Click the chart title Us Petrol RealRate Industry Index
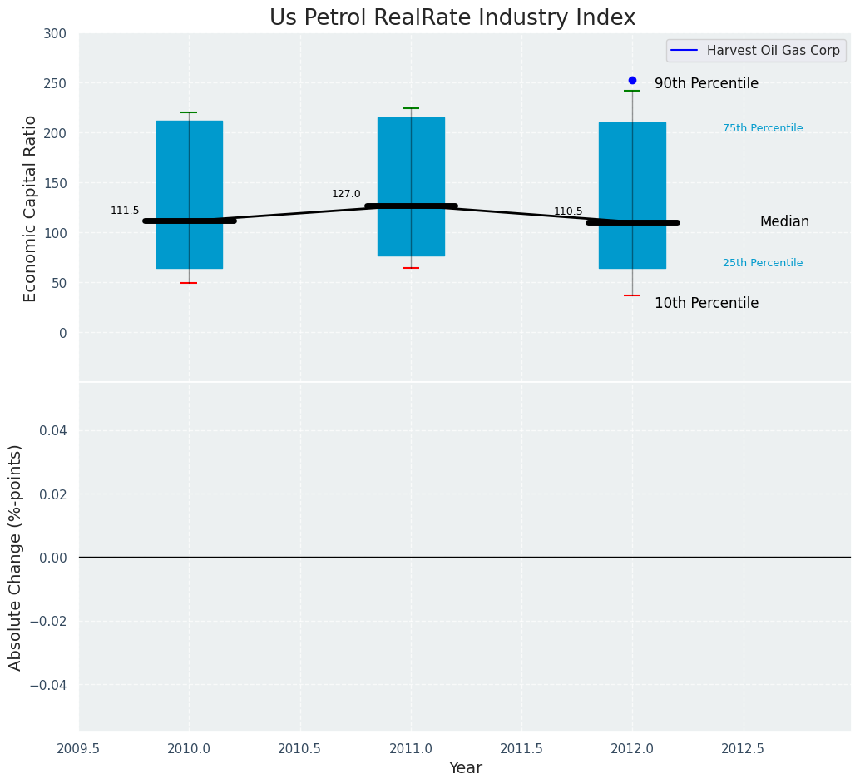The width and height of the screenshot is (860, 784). click(x=452, y=18)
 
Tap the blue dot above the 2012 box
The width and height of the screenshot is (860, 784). click(x=632, y=81)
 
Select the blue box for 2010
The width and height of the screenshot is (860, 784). click(x=189, y=158)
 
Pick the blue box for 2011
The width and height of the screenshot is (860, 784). click(x=411, y=158)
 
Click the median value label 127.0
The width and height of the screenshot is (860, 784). click(x=346, y=195)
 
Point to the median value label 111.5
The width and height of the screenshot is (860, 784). click(x=125, y=211)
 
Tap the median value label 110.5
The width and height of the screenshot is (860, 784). click(x=568, y=212)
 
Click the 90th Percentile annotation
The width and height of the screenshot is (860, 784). click(x=706, y=84)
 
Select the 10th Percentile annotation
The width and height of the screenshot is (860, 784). click(x=706, y=304)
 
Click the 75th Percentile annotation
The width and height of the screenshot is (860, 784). click(x=763, y=128)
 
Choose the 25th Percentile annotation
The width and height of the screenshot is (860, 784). click(x=763, y=263)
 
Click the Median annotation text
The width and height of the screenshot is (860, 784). click(x=784, y=222)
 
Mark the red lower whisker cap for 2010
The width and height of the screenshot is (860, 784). click(x=189, y=283)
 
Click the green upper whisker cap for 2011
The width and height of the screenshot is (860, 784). click(x=411, y=108)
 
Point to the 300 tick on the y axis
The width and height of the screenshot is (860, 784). click(x=56, y=33)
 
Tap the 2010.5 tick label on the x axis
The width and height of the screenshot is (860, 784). click(x=300, y=748)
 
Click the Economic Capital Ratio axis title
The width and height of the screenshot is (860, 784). click(x=31, y=208)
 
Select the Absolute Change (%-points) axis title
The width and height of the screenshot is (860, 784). click(x=16, y=557)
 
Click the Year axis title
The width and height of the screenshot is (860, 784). click(x=465, y=768)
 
